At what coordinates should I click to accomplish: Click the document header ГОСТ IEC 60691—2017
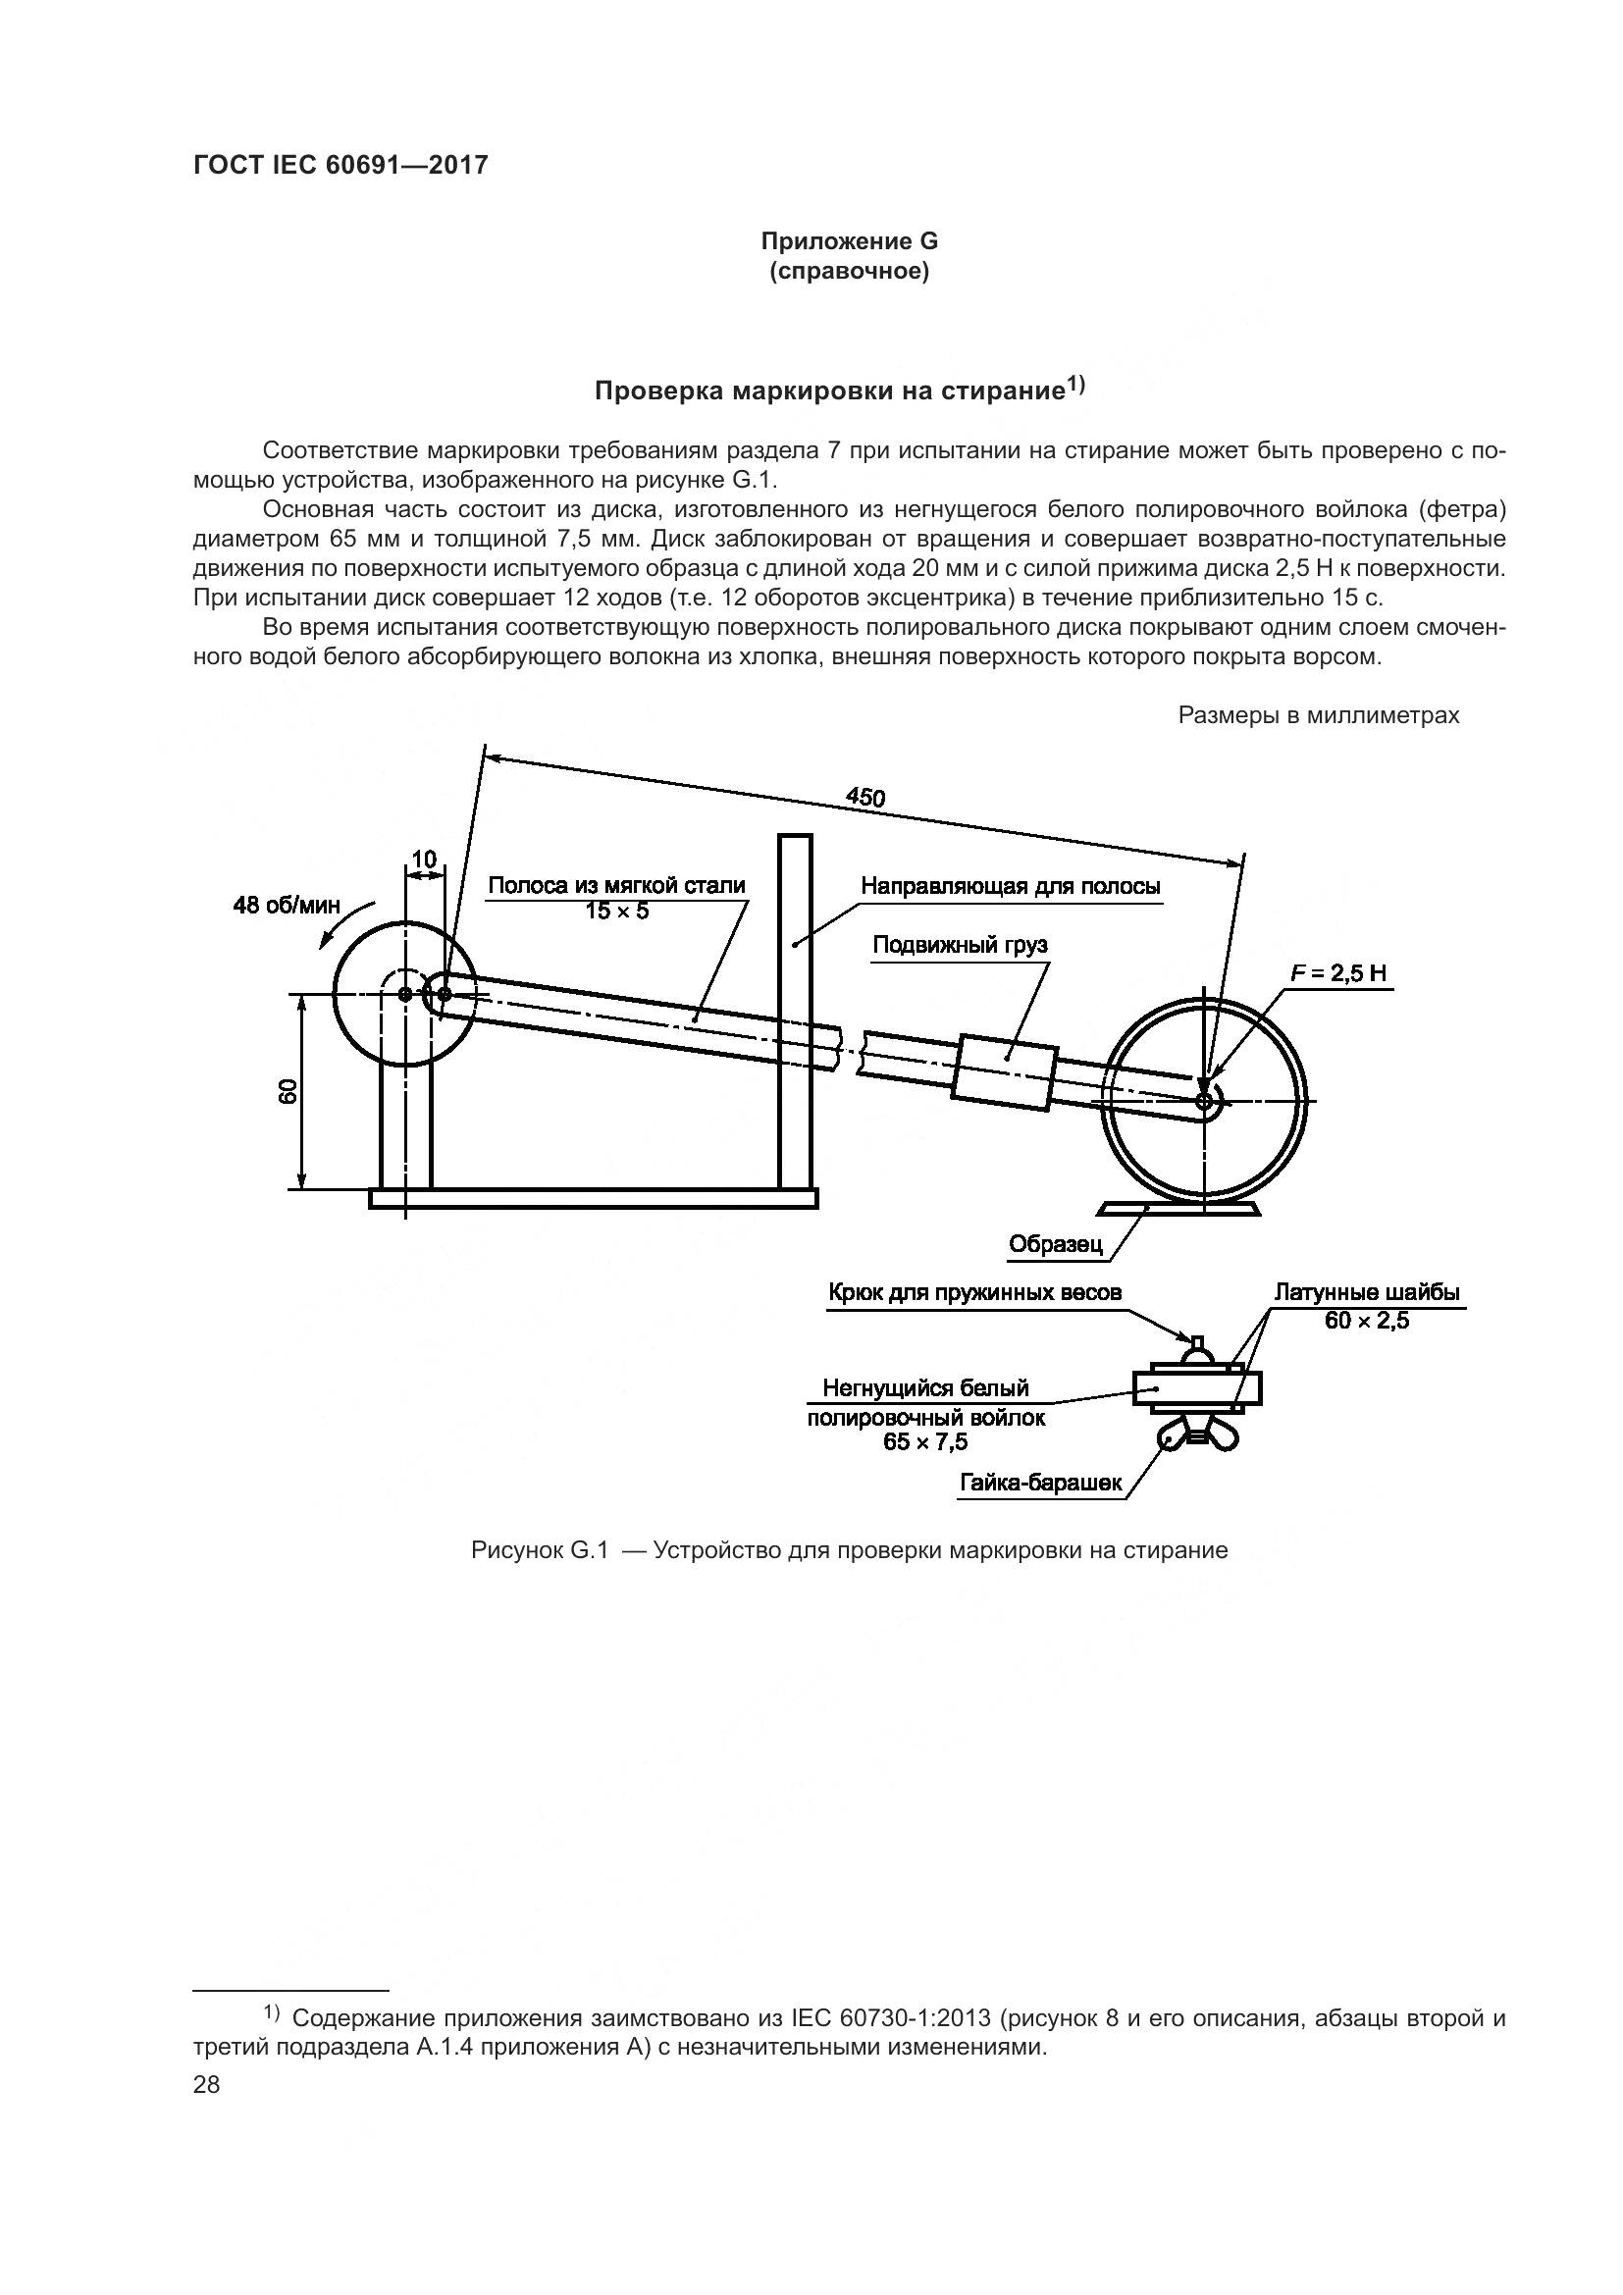tap(340, 165)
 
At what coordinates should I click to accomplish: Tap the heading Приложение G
tap(849, 242)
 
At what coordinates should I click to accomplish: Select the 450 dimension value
tap(864, 797)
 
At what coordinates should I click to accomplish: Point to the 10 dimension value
tap(424, 859)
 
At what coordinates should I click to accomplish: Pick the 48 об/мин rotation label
tap(286, 906)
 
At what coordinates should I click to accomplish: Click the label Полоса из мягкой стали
tap(616, 885)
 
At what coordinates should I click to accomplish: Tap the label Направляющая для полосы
tap(1011, 886)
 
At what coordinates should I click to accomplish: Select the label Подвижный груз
tap(960, 945)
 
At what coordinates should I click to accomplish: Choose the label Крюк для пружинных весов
tap(974, 1292)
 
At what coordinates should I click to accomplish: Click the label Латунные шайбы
tap(1366, 1291)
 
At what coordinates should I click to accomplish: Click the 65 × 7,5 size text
tap(924, 1441)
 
